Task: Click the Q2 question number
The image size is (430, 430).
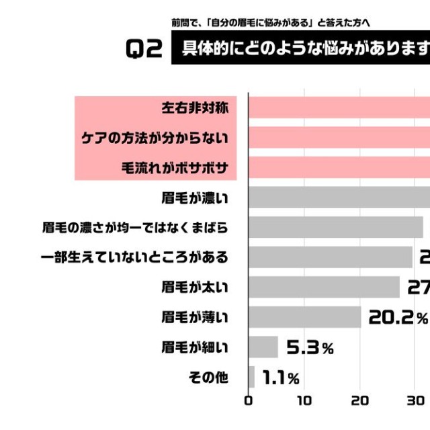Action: tap(144, 50)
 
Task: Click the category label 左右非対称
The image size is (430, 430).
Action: tap(196, 107)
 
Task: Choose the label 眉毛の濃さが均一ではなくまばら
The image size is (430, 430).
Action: tap(135, 227)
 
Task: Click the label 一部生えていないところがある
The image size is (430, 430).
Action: tap(135, 257)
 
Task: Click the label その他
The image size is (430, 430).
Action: tap(210, 378)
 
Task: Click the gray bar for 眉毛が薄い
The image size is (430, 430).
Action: tap(305, 317)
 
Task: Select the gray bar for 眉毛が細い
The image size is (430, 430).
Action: tap(263, 347)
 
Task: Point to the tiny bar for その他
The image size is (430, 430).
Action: tap(252, 378)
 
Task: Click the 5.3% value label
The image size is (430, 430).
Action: tap(310, 348)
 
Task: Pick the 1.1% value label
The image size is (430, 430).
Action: tap(281, 378)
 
